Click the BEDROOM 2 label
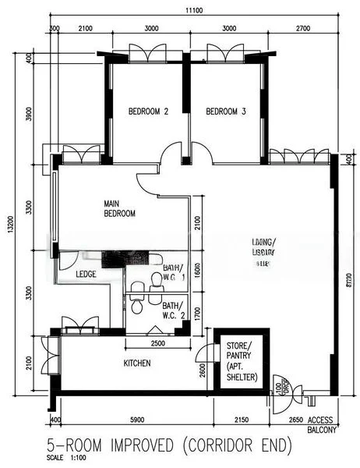point(148,112)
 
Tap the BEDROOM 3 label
point(226,112)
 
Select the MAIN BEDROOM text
point(120,208)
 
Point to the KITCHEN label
point(137,363)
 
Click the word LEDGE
point(86,274)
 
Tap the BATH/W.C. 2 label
point(173,310)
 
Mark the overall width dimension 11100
point(195,9)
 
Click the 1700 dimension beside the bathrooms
point(197,315)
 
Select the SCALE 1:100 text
point(65,458)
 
